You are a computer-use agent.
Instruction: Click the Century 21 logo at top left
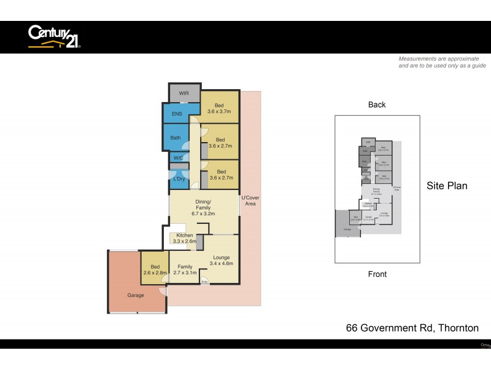click(x=54, y=36)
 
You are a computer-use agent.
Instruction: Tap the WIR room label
click(x=184, y=93)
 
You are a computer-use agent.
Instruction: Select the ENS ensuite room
click(x=177, y=114)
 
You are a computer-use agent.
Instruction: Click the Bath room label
click(x=176, y=138)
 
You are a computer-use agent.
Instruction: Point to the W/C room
click(x=178, y=158)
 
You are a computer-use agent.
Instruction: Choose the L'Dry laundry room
click(x=179, y=178)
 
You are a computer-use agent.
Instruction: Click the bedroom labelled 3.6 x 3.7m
click(x=220, y=108)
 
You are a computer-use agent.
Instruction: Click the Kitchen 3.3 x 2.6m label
click(x=185, y=239)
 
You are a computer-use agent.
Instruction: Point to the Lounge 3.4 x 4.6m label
click(x=221, y=260)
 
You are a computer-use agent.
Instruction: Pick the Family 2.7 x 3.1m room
click(x=185, y=269)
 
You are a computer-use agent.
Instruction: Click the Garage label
click(x=136, y=295)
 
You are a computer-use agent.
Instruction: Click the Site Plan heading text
click(x=447, y=186)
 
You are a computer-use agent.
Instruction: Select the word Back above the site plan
click(x=377, y=105)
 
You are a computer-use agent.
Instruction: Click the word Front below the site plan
click(x=377, y=274)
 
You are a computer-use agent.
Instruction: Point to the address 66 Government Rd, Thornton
click(x=412, y=328)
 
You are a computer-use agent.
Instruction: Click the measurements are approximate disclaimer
click(x=442, y=62)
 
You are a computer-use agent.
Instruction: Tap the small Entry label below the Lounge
click(x=204, y=282)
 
